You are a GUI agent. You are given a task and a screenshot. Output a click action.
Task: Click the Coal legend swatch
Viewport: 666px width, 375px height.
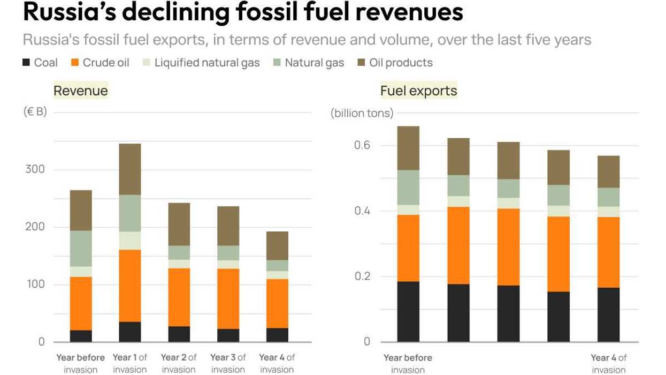pyautogui.click(x=26, y=63)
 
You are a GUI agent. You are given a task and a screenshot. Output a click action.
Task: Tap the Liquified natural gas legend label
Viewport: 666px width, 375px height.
pyautogui.click(x=206, y=63)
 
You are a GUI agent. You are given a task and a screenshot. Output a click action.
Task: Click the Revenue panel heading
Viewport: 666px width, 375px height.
pyautogui.click(x=81, y=91)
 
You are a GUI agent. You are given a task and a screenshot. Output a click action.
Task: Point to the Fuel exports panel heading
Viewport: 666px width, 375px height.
pyautogui.click(x=418, y=91)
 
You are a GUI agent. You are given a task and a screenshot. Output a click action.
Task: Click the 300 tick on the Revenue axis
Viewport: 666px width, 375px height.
pyautogui.click(x=36, y=169)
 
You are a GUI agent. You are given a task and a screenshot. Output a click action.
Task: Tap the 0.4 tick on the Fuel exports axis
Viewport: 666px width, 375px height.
pyautogui.click(x=363, y=211)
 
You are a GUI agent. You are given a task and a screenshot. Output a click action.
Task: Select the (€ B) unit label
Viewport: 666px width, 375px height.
pyautogui.click(x=35, y=112)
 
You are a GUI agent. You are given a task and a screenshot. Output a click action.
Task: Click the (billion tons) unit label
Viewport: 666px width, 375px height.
pyautogui.click(x=362, y=113)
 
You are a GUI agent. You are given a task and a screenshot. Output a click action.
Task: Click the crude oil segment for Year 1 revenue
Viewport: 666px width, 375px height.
pyautogui.click(x=130, y=286)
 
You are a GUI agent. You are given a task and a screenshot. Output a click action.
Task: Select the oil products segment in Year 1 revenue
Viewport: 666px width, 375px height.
pyautogui.click(x=130, y=169)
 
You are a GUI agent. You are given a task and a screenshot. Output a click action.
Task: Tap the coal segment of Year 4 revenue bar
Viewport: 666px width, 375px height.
pyautogui.click(x=277, y=335)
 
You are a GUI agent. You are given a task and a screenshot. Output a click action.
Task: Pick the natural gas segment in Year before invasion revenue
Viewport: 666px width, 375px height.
pyautogui.click(x=81, y=249)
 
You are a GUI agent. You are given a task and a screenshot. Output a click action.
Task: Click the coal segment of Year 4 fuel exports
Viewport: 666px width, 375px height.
pyautogui.click(x=608, y=314)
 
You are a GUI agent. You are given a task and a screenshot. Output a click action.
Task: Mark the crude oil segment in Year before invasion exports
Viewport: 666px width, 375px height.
pyautogui.click(x=408, y=248)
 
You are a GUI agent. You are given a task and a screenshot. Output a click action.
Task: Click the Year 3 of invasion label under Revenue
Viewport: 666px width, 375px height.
pyautogui.click(x=228, y=363)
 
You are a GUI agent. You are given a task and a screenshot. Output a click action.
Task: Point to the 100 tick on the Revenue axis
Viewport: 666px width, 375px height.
pyautogui.click(x=36, y=284)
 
